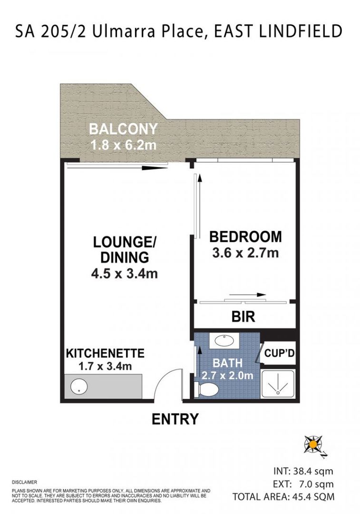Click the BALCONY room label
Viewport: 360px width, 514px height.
(123, 129)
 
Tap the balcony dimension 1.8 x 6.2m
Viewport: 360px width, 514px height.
(123, 144)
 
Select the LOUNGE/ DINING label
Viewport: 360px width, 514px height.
(125, 249)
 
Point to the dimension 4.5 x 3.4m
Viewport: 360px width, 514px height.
(125, 274)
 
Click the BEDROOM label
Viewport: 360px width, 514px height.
(245, 237)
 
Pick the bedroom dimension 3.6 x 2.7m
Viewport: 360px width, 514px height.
(245, 252)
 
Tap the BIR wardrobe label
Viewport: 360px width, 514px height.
(243, 316)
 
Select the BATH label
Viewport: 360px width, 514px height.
(227, 364)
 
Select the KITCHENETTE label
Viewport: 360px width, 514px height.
(105, 354)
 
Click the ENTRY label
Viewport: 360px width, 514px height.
(175, 419)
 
